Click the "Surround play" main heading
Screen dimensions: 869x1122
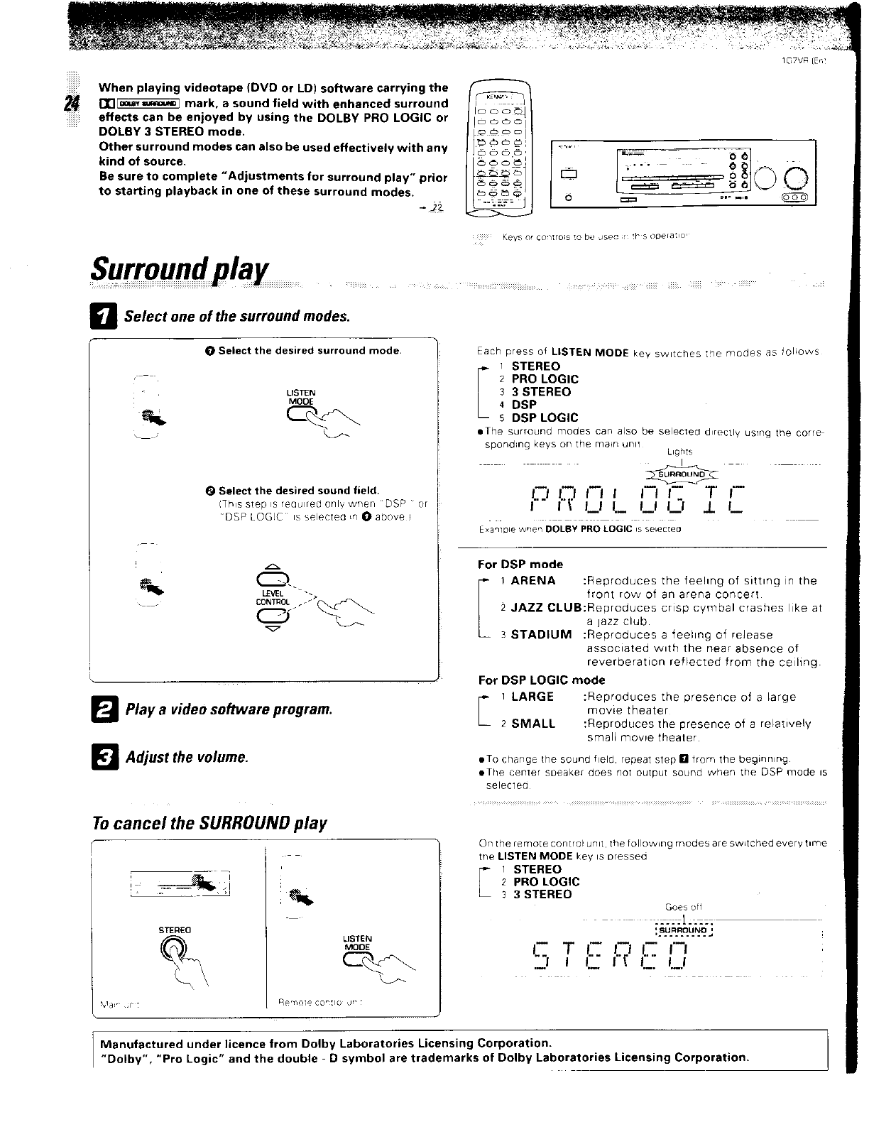(180, 269)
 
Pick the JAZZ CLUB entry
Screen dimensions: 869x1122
(545, 608)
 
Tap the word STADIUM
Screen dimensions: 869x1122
(541, 635)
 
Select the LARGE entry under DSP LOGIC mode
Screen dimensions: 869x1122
(532, 697)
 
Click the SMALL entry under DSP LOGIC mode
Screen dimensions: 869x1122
(533, 724)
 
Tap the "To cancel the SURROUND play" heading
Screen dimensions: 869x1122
(210, 823)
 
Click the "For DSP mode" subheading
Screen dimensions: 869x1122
(520, 565)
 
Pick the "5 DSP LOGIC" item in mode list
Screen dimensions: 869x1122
(545, 418)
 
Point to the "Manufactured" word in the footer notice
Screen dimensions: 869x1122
(146, 1044)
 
